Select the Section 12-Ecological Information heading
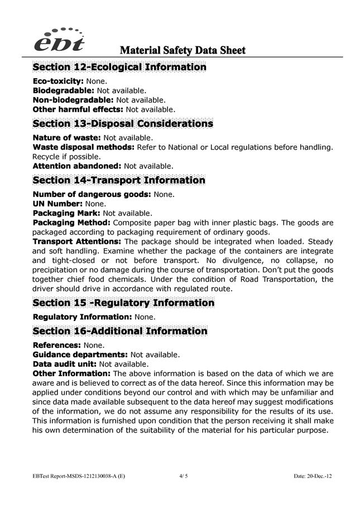pyautogui.click(x=119, y=68)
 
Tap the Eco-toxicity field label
pyautogui.click(x=58, y=81)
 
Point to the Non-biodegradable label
pyautogui.click(x=73, y=100)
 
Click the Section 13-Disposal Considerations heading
pyautogui.click(x=123, y=123)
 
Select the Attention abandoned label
pyautogui.click(x=77, y=166)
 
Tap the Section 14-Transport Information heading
pyautogui.click(x=119, y=180)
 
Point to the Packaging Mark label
pyautogui.click(x=66, y=213)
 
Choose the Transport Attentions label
pyautogui.click(x=77, y=242)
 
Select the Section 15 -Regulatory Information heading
pyautogui.click(x=123, y=303)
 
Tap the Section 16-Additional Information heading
pyautogui.click(x=120, y=331)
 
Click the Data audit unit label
pyautogui.click(x=65, y=364)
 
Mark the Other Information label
pyautogui.click(x=71, y=373)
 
